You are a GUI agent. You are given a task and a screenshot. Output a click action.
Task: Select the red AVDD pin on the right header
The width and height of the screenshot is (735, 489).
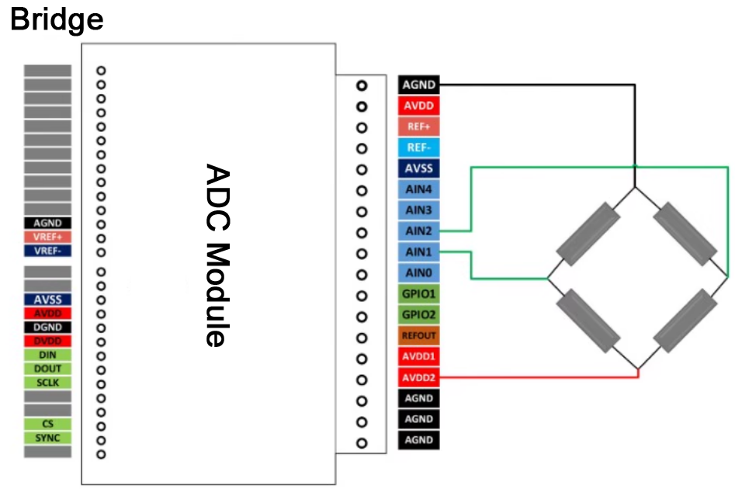tap(419, 106)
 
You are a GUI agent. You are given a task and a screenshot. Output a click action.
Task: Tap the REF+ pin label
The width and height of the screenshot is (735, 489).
tap(419, 127)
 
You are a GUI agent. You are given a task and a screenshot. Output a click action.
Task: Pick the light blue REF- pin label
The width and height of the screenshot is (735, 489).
tap(419, 147)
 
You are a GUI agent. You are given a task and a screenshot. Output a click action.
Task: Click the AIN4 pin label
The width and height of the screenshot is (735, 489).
tap(419, 189)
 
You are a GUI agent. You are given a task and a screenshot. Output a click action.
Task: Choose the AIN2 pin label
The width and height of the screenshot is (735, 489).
tap(419, 231)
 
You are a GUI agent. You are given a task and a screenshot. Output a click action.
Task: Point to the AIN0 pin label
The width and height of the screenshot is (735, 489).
tap(419, 273)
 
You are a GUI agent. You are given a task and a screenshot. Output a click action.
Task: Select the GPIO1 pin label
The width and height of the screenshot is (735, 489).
tap(419, 294)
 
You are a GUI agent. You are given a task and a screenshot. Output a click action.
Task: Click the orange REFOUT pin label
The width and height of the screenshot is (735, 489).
tap(419, 336)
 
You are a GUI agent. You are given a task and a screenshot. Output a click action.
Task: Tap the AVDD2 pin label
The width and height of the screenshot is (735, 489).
tap(419, 378)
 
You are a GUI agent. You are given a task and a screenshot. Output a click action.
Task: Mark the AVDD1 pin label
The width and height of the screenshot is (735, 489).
tap(419, 357)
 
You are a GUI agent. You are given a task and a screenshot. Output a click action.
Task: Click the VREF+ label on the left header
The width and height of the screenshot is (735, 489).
tap(48, 237)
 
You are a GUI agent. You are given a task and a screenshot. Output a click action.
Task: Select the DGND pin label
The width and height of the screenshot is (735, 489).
tap(48, 327)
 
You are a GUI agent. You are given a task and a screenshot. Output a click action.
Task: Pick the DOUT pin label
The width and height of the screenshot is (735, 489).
tap(48, 369)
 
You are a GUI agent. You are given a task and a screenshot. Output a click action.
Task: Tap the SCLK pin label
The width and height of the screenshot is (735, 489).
tap(48, 383)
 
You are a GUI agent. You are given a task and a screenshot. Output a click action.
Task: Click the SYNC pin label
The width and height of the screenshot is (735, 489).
tap(48, 438)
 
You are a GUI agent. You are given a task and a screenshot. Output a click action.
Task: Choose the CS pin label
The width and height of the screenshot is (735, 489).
tap(48, 424)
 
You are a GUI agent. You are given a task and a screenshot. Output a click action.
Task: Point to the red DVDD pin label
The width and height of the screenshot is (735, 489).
tap(48, 341)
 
